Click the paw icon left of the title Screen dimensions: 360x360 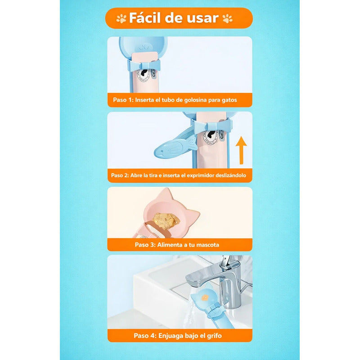121,18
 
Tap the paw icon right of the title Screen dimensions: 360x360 228,18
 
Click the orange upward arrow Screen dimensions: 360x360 241,150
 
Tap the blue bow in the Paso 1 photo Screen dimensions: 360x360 144,65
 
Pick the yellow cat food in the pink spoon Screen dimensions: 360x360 166,220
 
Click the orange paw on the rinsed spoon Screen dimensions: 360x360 205,298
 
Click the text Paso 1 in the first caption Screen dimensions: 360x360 123,100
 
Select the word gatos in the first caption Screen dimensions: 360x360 229,100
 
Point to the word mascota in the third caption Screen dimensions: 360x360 208,245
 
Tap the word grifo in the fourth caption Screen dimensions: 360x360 215,336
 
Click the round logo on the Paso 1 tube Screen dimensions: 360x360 144,75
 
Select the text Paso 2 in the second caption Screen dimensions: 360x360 120,175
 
